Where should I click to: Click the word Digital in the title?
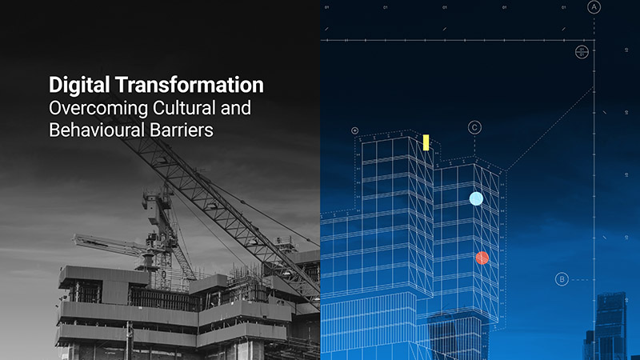74,85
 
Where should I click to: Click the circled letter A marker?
594,7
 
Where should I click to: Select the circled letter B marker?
562,279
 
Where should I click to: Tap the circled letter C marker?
474,127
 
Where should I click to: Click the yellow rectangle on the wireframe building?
426,142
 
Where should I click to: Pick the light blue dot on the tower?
476,198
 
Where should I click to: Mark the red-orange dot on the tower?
482,258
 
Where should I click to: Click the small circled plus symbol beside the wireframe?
354,130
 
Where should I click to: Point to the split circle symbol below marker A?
582,52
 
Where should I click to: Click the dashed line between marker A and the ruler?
594,26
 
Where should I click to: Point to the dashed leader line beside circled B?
582,279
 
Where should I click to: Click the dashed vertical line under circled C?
474,145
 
